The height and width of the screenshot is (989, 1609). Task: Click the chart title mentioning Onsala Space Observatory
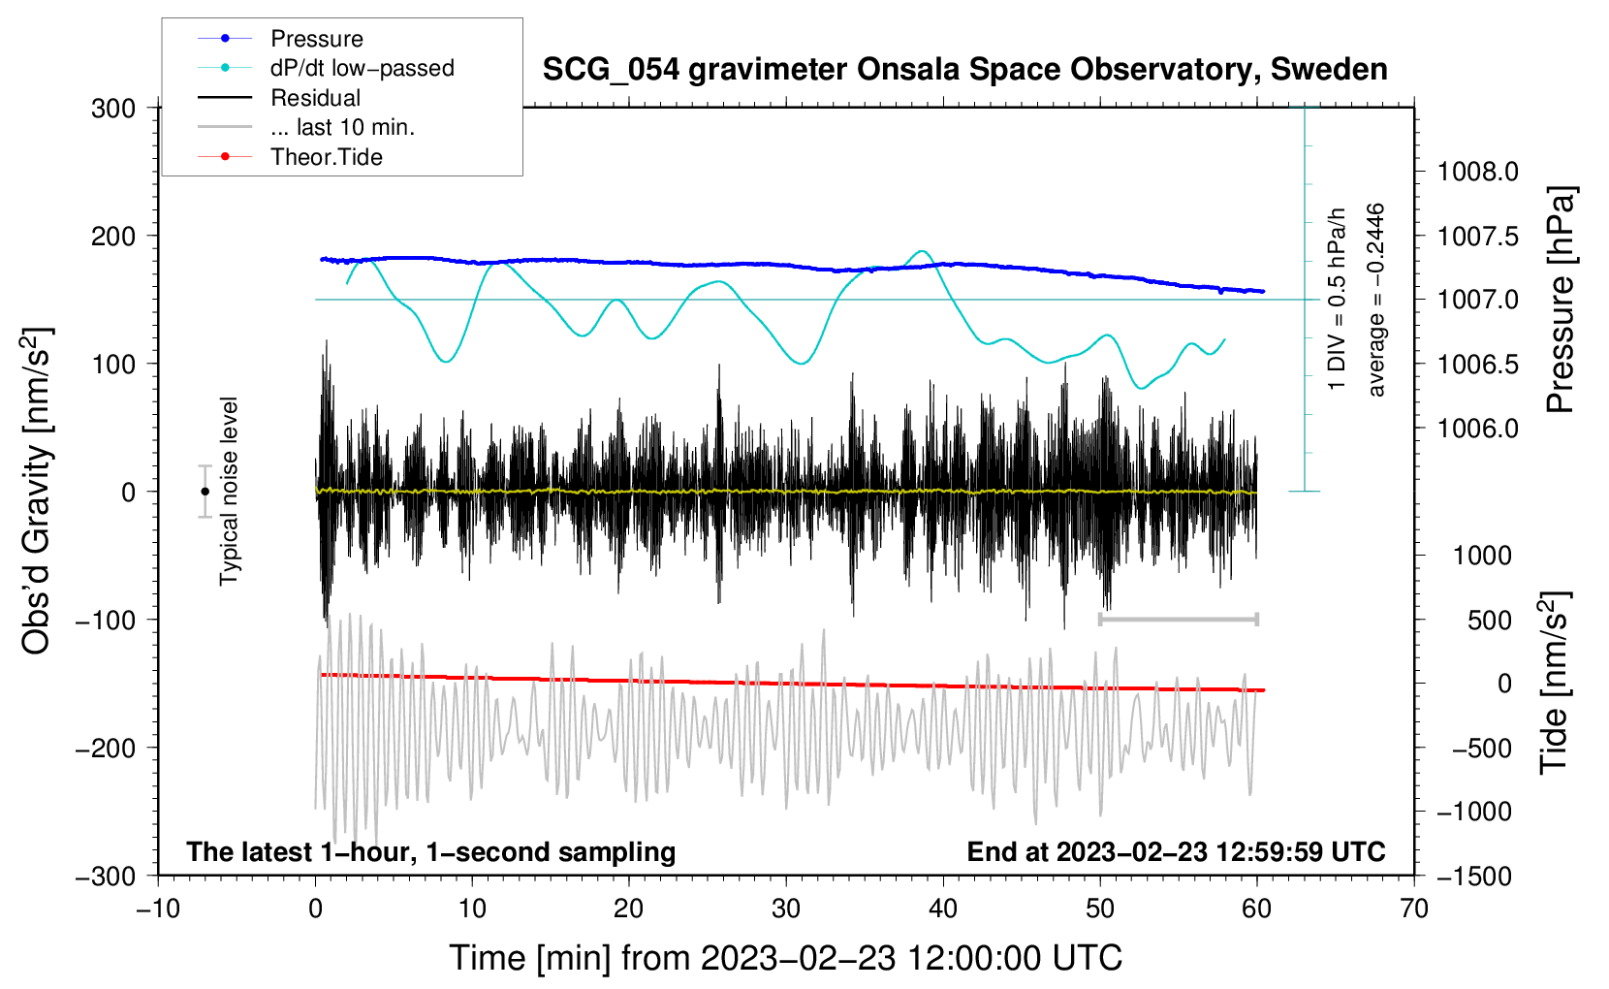pos(964,70)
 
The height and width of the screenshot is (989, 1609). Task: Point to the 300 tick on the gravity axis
pos(113,109)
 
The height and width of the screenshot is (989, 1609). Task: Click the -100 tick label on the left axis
pos(106,620)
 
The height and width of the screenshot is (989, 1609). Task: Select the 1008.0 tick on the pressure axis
pos(1477,172)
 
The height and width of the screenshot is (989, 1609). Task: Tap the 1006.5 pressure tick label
pos(1477,365)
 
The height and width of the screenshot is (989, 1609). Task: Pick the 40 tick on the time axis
pos(943,909)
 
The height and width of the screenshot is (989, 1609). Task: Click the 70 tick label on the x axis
pos(1413,909)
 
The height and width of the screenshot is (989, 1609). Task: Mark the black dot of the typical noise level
pos(205,492)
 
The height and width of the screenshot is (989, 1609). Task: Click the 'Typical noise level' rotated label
pos(229,491)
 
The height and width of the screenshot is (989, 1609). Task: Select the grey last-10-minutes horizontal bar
pos(1178,619)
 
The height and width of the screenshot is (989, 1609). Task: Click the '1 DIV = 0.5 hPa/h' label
pos(1336,300)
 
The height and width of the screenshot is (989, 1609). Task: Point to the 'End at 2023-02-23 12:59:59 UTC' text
pos(1176,851)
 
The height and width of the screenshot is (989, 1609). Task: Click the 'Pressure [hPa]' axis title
pos(1560,300)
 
